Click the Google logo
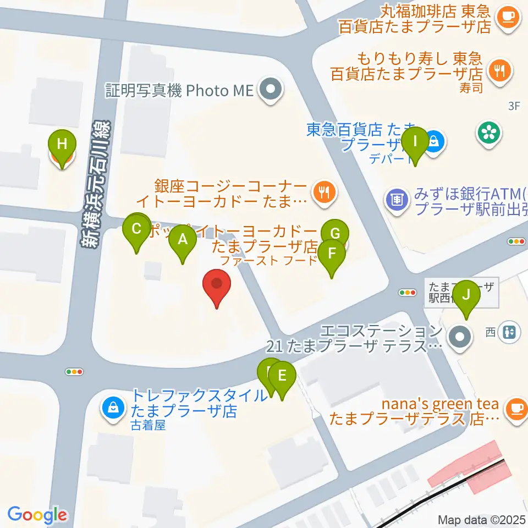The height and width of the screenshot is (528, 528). pos(37,514)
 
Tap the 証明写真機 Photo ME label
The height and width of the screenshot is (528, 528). pos(179,90)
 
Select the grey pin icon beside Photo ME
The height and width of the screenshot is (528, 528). pos(271,89)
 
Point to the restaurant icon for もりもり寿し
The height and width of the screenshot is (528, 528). pos(500,71)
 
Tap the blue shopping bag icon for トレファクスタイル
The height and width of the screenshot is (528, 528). pos(113,408)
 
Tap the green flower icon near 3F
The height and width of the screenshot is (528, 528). pos(487,131)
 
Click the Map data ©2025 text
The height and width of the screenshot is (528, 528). pos(481,520)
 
